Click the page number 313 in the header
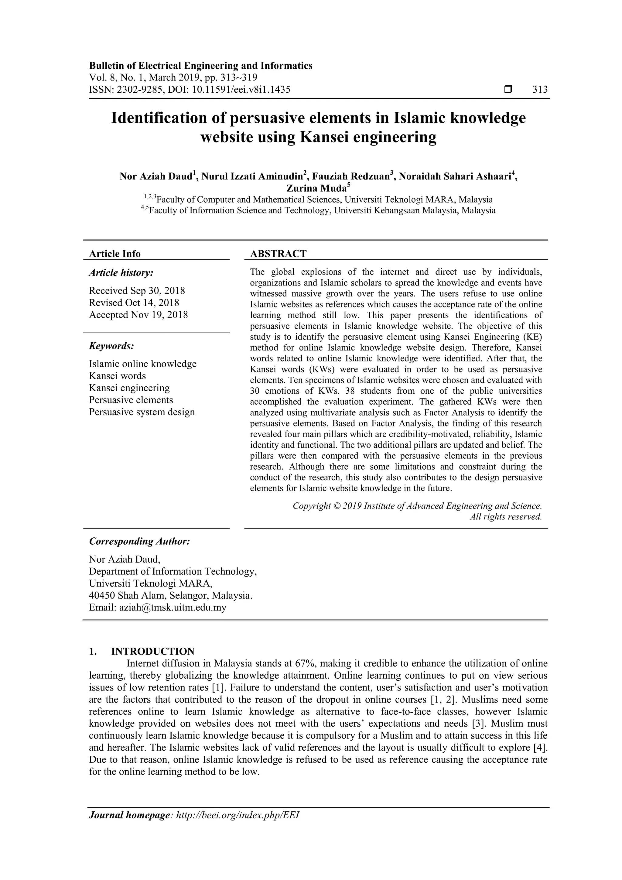pyautogui.click(x=540, y=90)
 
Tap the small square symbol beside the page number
pyautogui.click(x=508, y=90)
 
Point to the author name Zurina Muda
pyautogui.click(x=316, y=188)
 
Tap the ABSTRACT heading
pyautogui.click(x=278, y=254)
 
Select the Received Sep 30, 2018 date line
pyautogui.click(x=137, y=290)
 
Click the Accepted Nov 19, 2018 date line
pyautogui.click(x=138, y=315)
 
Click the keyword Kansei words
pyautogui.click(x=117, y=376)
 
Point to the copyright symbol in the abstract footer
pyautogui.click(x=337, y=506)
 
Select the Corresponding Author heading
pyautogui.click(x=139, y=542)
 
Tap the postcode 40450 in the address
pyautogui.click(x=102, y=596)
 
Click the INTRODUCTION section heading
pyautogui.click(x=152, y=652)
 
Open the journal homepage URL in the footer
pyautogui.click(x=237, y=826)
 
